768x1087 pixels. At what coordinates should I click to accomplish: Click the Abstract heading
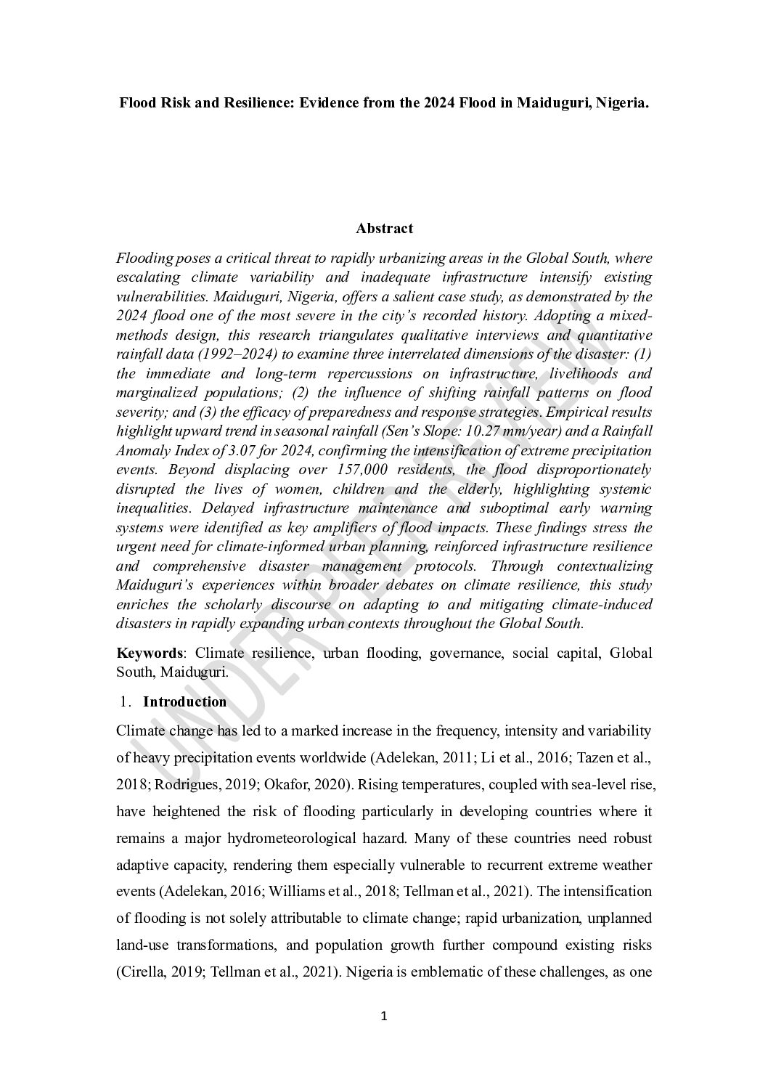(384, 228)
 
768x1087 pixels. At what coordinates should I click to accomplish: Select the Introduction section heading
(184, 701)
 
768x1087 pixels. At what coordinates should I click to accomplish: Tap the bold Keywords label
(149, 653)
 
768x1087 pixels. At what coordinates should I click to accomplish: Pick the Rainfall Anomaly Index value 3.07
(244, 450)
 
